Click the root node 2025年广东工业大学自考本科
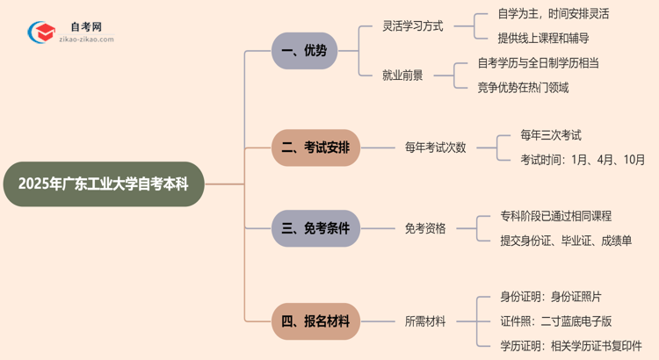coord(104,184)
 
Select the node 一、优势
coord(303,51)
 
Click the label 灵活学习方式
coord(413,26)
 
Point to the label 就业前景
coord(403,76)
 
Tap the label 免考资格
coord(425,228)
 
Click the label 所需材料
coord(425,322)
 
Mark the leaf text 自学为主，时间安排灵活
coord(553,14)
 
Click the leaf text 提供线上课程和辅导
coord(543,39)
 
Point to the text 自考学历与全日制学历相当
coord(551,63)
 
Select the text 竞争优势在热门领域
coord(523,88)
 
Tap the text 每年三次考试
coord(551,135)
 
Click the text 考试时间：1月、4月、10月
coord(583,160)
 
